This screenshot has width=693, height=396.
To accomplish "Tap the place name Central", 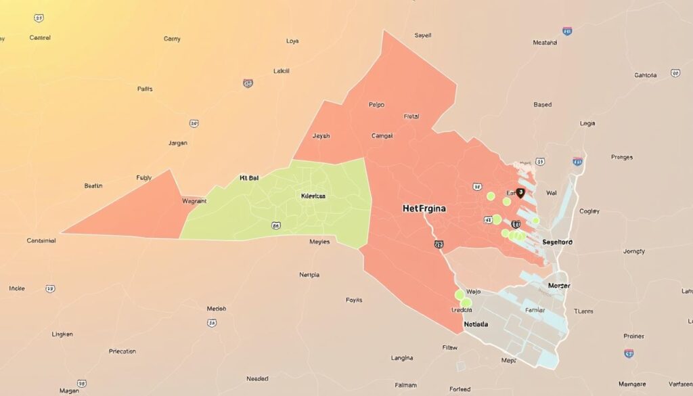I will pos(40,38).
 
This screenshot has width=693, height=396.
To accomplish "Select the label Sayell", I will pos(423,35).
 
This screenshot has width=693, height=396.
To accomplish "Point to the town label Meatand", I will pos(545,43).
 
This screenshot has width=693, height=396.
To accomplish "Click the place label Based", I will pos(542,105).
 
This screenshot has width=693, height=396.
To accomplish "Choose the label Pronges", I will pos(621,157).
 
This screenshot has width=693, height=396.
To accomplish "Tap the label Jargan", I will pos(178,144).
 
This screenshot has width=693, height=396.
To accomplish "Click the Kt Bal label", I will pos(249,179).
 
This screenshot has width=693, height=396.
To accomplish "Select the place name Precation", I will pos(122,351).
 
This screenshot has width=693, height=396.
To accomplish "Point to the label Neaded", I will pos(257,378).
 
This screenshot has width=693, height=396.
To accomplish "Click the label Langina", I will pos(402,357).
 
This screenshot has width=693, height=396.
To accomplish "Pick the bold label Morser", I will pos(559,286).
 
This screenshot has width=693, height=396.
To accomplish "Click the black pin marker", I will pos(520,194).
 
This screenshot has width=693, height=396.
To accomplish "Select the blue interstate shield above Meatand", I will pos(566,31).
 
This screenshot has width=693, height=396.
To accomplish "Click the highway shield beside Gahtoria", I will pos(675,73).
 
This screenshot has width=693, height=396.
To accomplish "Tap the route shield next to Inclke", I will pos(50,288).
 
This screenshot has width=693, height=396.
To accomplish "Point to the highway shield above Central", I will pos(39,18).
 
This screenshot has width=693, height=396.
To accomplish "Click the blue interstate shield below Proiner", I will pos(629,353).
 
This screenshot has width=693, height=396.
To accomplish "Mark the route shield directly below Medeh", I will pos(213,323).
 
